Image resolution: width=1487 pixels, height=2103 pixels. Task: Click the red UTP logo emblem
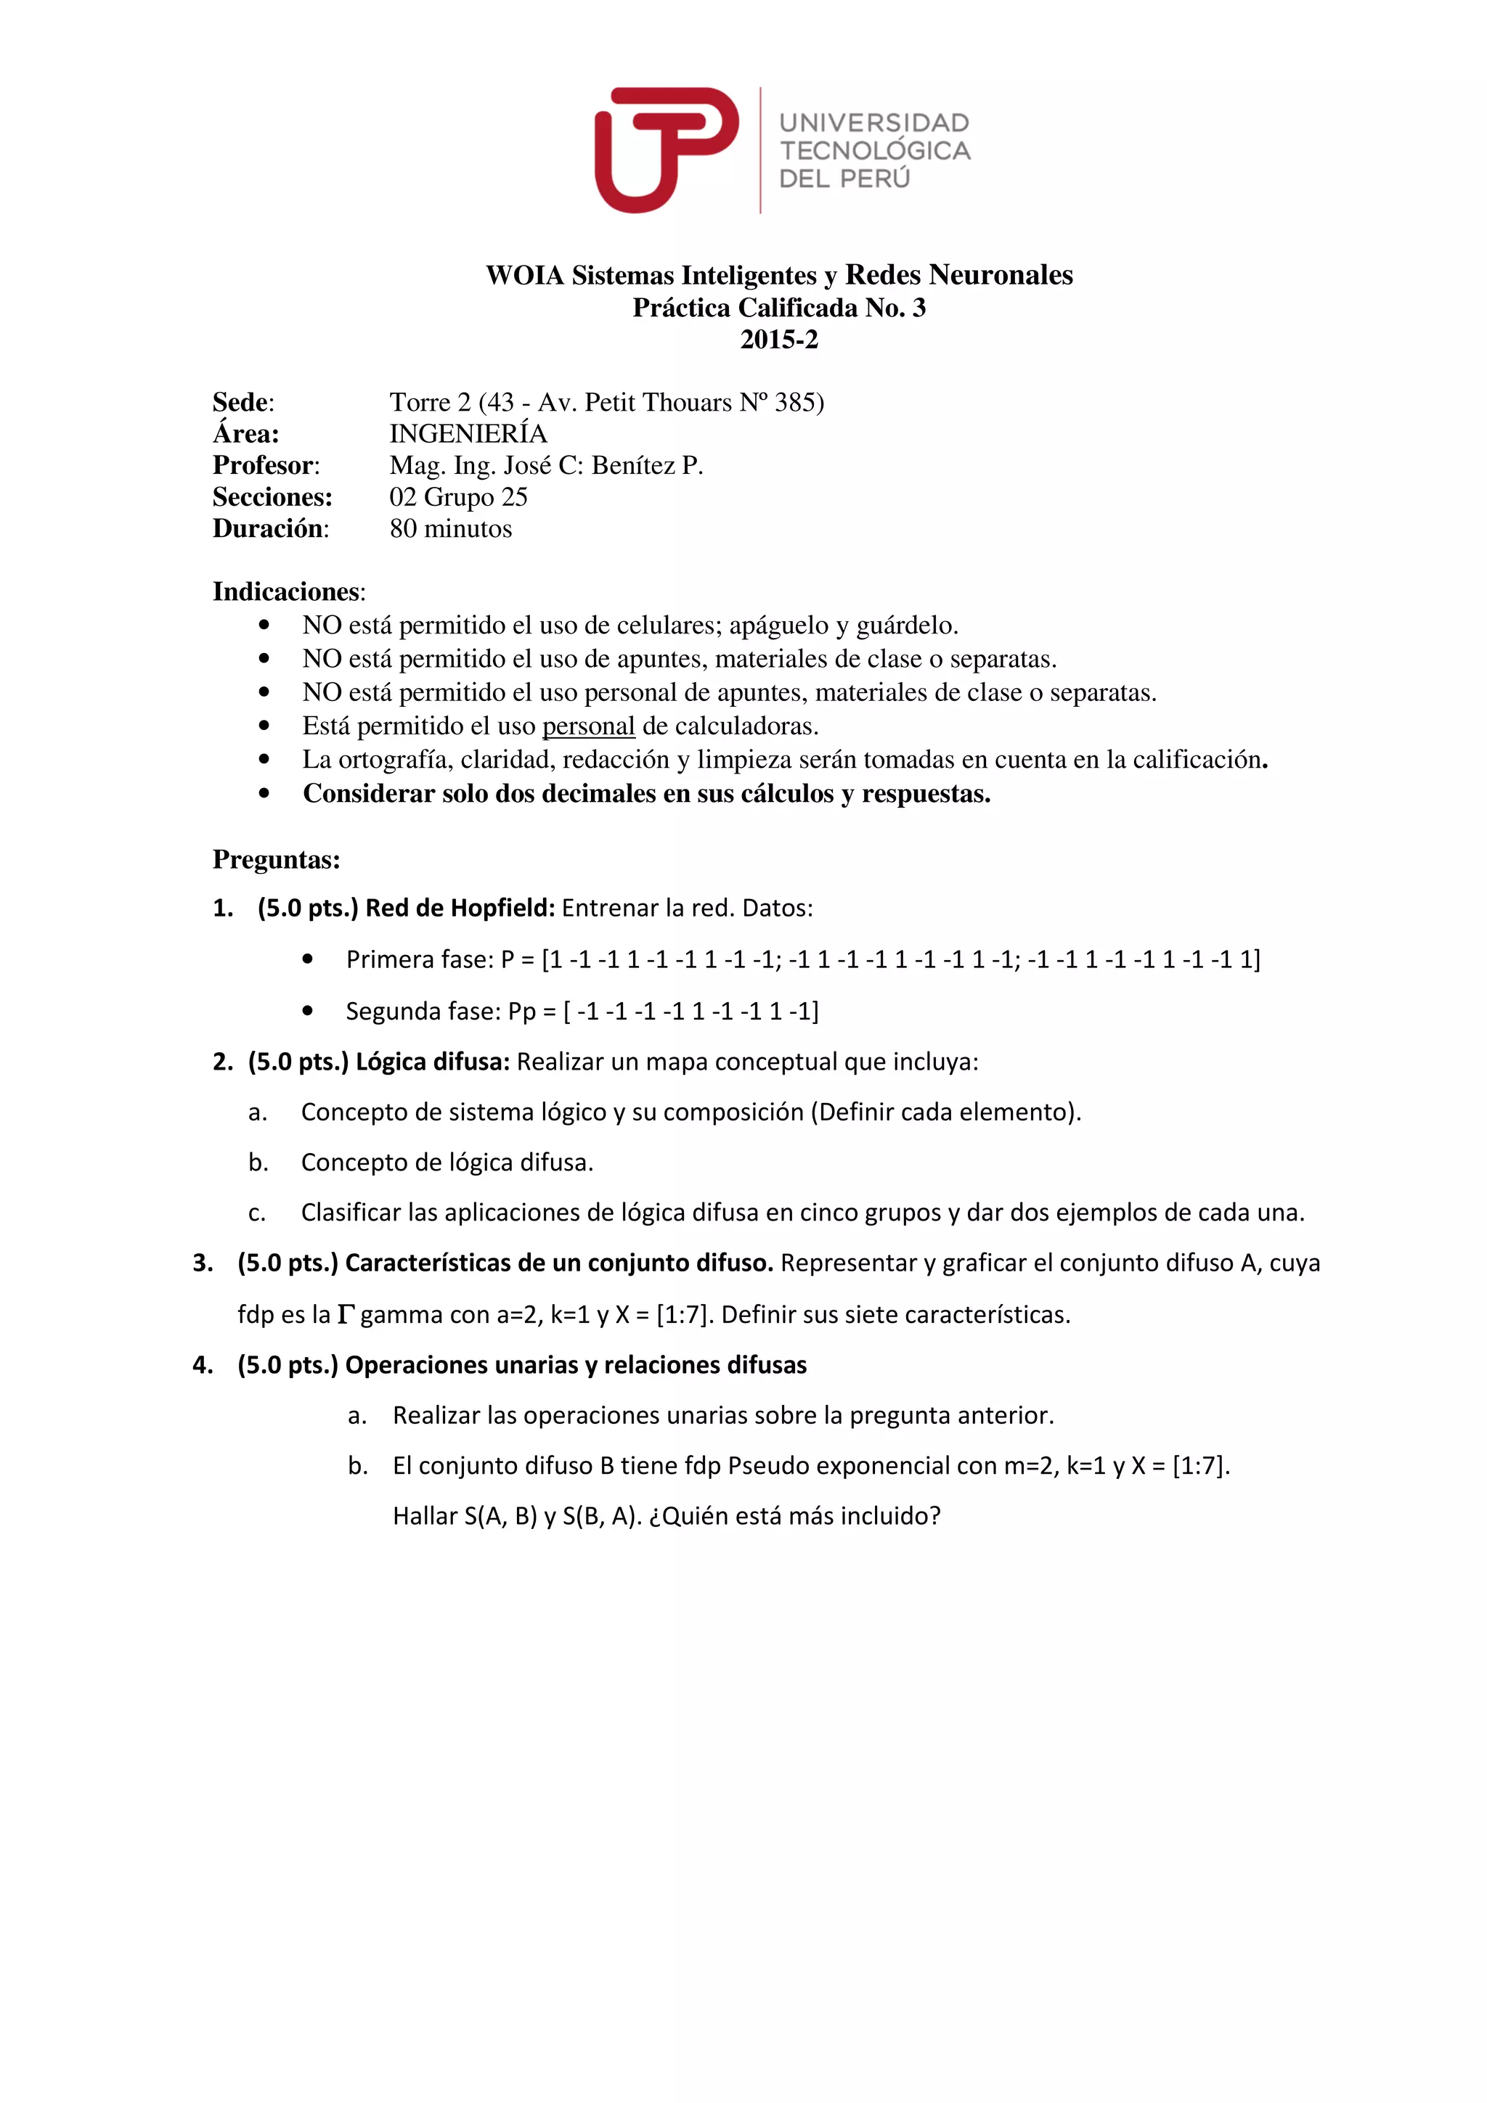[x=666, y=149]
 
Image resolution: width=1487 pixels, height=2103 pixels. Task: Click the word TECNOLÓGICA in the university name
[x=874, y=151]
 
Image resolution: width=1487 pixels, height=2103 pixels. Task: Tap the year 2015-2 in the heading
[x=779, y=340]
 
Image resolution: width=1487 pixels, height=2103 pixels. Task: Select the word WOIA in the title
[x=524, y=276]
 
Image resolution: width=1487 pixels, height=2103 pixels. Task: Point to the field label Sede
[x=242, y=402]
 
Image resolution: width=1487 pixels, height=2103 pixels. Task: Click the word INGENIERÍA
[x=468, y=434]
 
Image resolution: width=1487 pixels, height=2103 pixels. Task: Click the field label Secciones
[x=272, y=497]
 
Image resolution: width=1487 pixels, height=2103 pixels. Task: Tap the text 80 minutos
[x=451, y=528]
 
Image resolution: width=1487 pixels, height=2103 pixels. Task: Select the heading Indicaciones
[x=288, y=591]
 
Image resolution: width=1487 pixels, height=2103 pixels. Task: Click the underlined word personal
[x=588, y=726]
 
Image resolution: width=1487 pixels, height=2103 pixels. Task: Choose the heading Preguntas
[x=276, y=860]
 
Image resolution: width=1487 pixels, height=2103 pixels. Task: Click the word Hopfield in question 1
[x=508, y=909]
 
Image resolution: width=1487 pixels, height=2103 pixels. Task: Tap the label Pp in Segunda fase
[x=521, y=1011]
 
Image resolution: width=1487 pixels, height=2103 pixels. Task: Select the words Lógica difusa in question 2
[x=433, y=1062]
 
